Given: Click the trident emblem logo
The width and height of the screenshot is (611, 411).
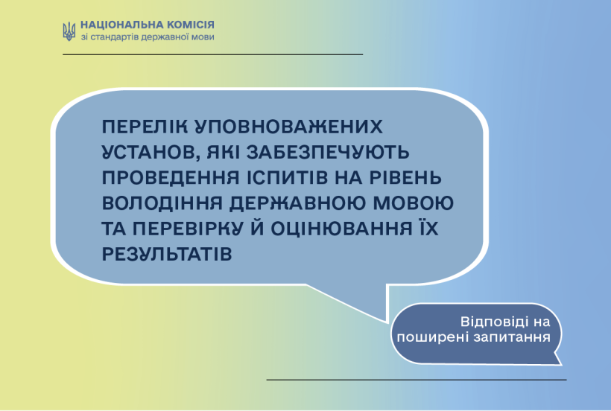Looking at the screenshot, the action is [69, 31].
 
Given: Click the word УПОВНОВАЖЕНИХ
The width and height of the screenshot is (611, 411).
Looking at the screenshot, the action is [288, 127].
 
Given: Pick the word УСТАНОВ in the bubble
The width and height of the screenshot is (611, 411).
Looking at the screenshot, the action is [151, 153].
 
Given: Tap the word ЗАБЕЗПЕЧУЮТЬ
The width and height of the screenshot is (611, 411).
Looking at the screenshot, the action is [328, 152].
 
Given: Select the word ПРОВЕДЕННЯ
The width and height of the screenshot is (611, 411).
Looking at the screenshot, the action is [171, 178].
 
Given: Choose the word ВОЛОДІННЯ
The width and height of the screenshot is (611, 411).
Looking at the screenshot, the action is [162, 203].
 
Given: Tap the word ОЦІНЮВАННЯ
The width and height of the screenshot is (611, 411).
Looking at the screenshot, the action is [342, 229].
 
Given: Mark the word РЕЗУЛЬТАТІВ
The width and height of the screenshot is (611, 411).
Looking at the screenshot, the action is [167, 255].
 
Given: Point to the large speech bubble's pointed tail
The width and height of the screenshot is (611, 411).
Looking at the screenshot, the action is [387, 322].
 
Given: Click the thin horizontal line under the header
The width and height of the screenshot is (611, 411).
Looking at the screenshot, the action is [213, 54].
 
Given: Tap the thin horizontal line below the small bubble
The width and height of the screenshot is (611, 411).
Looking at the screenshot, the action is [417, 380].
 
